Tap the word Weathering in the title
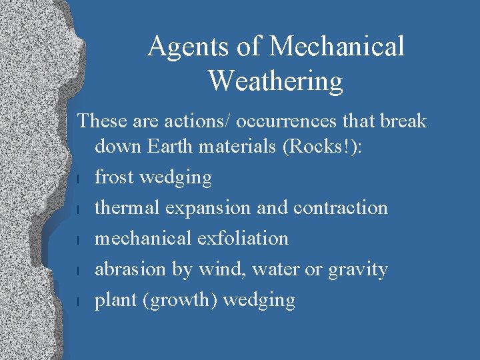[275, 81]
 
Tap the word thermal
[128, 207]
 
